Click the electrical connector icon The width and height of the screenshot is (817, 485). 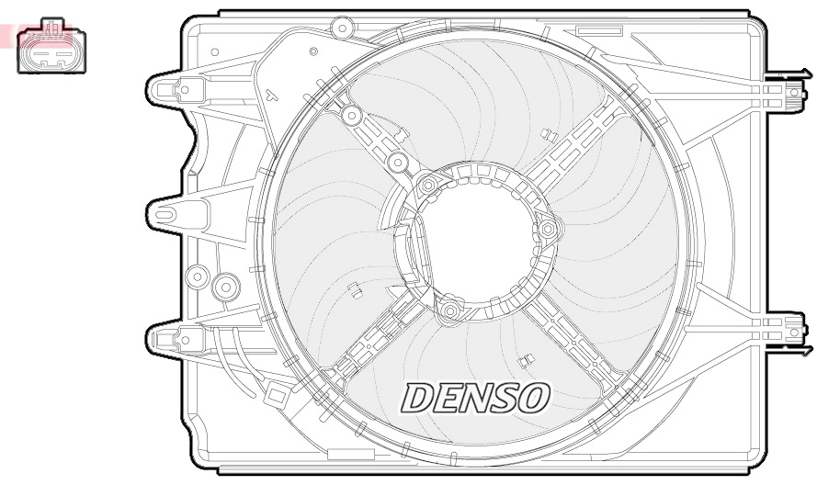(47, 46)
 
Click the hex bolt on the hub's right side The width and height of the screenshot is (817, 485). (549, 228)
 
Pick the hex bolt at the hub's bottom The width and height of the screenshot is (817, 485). (448, 312)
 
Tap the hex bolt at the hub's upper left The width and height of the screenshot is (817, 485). (427, 186)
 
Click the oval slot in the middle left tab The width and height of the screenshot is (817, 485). (165, 215)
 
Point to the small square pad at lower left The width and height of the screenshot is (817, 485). (275, 395)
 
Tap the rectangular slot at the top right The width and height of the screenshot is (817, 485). (603, 30)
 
